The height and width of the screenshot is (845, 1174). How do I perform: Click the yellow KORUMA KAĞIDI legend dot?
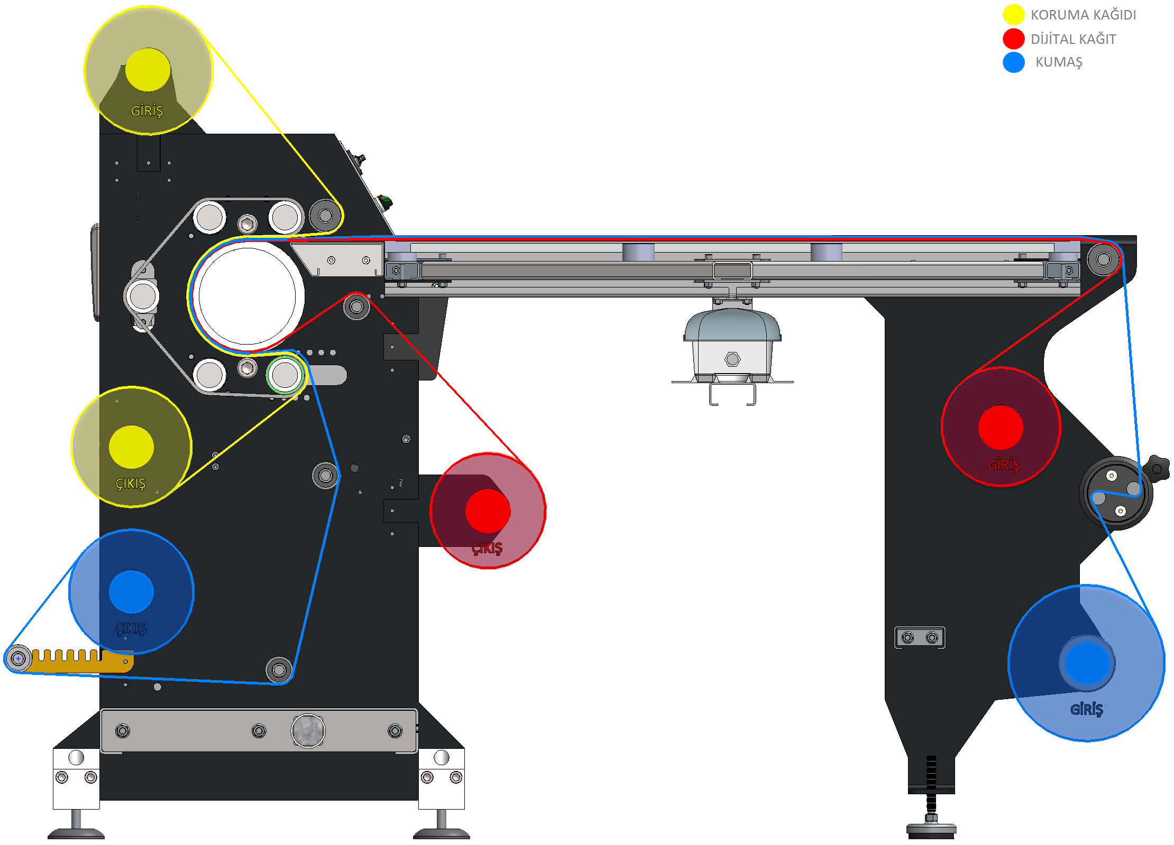pyautogui.click(x=1013, y=14)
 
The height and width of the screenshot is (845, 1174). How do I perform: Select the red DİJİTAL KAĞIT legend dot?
pyautogui.click(x=1013, y=39)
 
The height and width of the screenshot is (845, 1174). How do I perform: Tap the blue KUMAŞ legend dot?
pyautogui.click(x=1013, y=62)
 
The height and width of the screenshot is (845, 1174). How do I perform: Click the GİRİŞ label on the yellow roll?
pyautogui.click(x=147, y=110)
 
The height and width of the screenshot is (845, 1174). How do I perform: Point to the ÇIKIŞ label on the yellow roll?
pyautogui.click(x=131, y=484)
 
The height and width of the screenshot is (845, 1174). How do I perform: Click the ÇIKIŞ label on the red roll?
pyautogui.click(x=487, y=548)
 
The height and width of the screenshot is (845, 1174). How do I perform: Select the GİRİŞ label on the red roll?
pyautogui.click(x=1003, y=465)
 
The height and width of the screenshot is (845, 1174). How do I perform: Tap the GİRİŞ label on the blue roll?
pyautogui.click(x=1087, y=709)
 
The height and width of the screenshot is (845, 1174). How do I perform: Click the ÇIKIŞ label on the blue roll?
pyautogui.click(x=131, y=628)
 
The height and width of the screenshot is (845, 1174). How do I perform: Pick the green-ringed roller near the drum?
pyautogui.click(x=285, y=375)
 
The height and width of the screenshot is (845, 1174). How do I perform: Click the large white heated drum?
pyautogui.click(x=247, y=296)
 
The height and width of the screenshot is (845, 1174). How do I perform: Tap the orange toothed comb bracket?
pyautogui.click(x=79, y=661)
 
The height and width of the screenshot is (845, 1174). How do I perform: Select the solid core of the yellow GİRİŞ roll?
pyautogui.click(x=148, y=70)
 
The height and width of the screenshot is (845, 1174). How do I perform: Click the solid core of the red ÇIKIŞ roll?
pyautogui.click(x=488, y=510)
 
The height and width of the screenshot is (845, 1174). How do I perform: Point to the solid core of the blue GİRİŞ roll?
pyautogui.click(x=1087, y=663)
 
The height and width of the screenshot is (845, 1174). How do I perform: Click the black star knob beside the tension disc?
pyautogui.click(x=1157, y=468)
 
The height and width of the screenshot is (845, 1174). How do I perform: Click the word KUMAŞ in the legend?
pyautogui.click(x=1059, y=62)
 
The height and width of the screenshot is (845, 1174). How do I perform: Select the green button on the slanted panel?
pyautogui.click(x=384, y=201)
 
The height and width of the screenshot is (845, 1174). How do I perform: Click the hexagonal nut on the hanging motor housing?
pyautogui.click(x=732, y=359)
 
